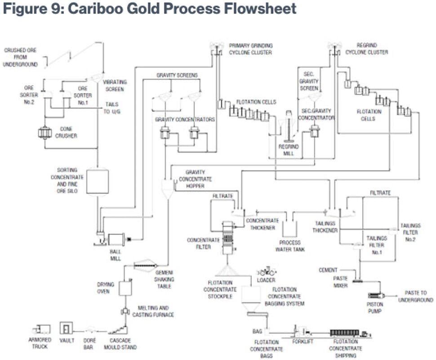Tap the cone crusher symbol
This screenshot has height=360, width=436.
point(45,133)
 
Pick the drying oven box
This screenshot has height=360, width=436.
point(125,288)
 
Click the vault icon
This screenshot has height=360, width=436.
point(67,329)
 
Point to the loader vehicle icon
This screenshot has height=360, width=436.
point(266,272)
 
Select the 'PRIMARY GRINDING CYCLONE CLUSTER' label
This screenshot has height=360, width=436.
point(250,49)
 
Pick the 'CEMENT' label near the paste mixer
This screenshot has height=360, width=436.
point(328,270)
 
